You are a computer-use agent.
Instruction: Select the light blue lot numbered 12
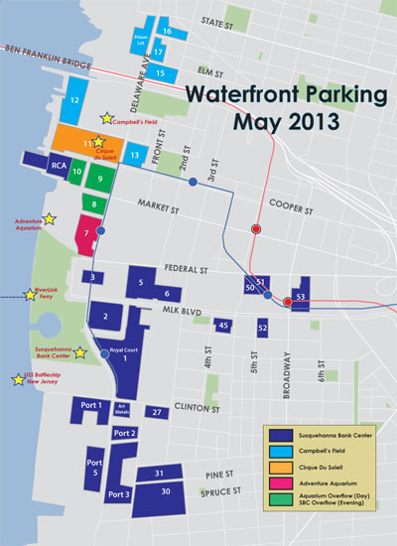click(75, 100)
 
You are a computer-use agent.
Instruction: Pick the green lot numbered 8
click(95, 205)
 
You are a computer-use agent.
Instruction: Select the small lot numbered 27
click(156, 411)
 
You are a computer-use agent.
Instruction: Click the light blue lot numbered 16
click(168, 32)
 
